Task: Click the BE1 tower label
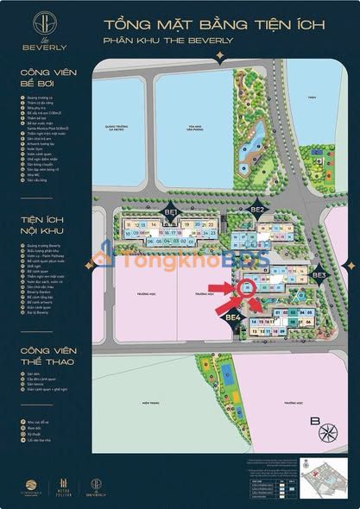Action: tap(170, 211)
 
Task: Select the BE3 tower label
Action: tap(319, 275)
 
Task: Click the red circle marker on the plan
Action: tap(251, 289)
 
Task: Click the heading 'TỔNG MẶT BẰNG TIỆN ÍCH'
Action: tap(214, 22)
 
